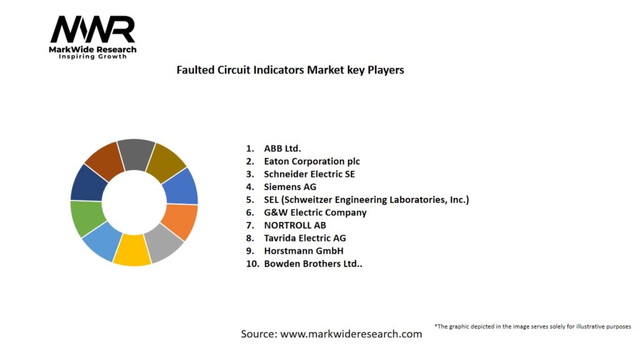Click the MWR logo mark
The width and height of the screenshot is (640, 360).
[x=92, y=29]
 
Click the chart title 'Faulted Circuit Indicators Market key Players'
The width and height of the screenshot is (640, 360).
[x=290, y=70]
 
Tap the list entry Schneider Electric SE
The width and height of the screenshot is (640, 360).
[x=309, y=174]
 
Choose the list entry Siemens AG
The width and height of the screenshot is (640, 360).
[x=290, y=187]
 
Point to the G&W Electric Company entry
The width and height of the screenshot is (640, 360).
[x=315, y=212]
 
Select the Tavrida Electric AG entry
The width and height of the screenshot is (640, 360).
[x=305, y=238]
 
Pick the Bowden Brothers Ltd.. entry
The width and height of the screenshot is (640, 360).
[x=313, y=264]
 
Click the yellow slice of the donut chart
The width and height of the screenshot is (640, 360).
[x=132, y=250]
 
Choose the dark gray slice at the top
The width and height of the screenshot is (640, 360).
[x=136, y=154]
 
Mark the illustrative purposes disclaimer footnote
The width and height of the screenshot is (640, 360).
[x=532, y=326]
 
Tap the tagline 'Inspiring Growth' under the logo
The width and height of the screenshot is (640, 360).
[x=92, y=57]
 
